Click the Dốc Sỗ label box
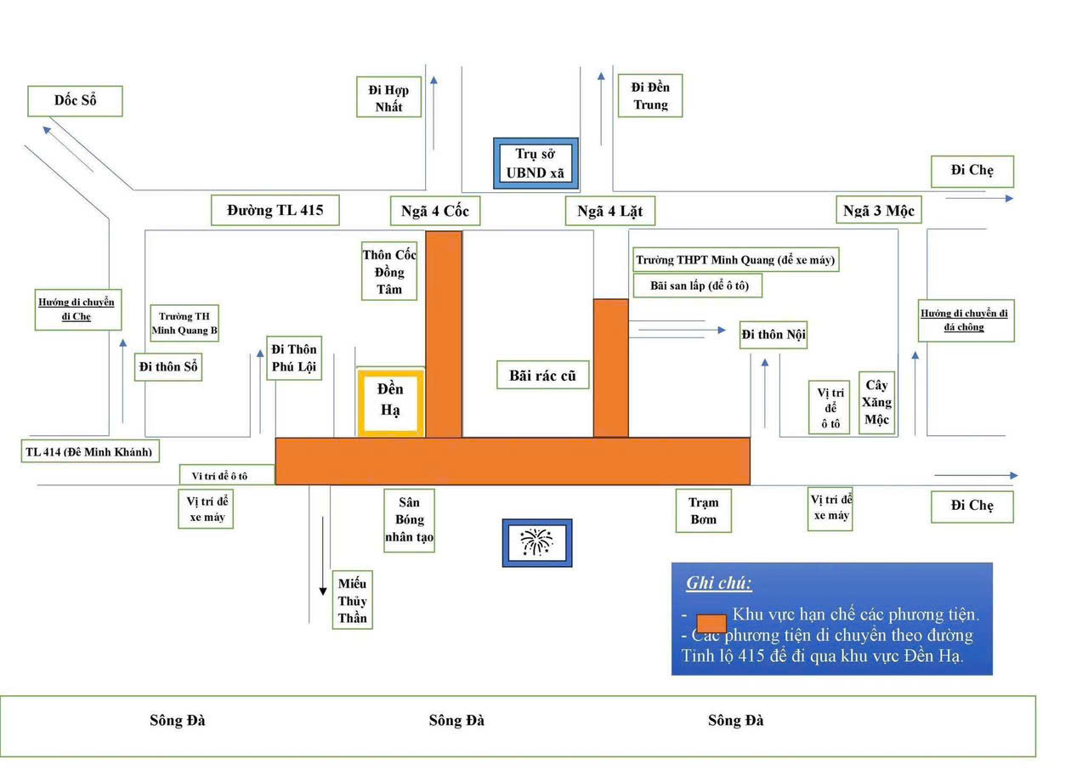pyautogui.click(x=75, y=101)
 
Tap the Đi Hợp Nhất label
pyautogui.click(x=389, y=98)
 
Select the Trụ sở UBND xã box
pyautogui.click(x=535, y=164)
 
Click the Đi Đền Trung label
pyautogui.click(x=650, y=96)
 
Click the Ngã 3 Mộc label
pyautogui.click(x=878, y=210)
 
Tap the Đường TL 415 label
pyautogui.click(x=275, y=210)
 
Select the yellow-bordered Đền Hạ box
pyautogui.click(x=391, y=404)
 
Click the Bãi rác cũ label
pyautogui.click(x=543, y=375)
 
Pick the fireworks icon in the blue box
pyautogui.click(x=536, y=543)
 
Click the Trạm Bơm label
pyautogui.click(x=703, y=511)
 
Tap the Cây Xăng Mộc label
pyautogui.click(x=876, y=403)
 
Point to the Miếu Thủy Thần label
pyautogui.click(x=352, y=600)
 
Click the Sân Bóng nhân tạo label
pyautogui.click(x=409, y=520)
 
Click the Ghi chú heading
pyautogui.click(x=718, y=584)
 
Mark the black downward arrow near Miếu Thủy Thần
pyautogui.click(x=322, y=544)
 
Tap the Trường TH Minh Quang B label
pyautogui.click(x=184, y=323)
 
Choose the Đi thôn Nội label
pyautogui.click(x=773, y=335)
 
